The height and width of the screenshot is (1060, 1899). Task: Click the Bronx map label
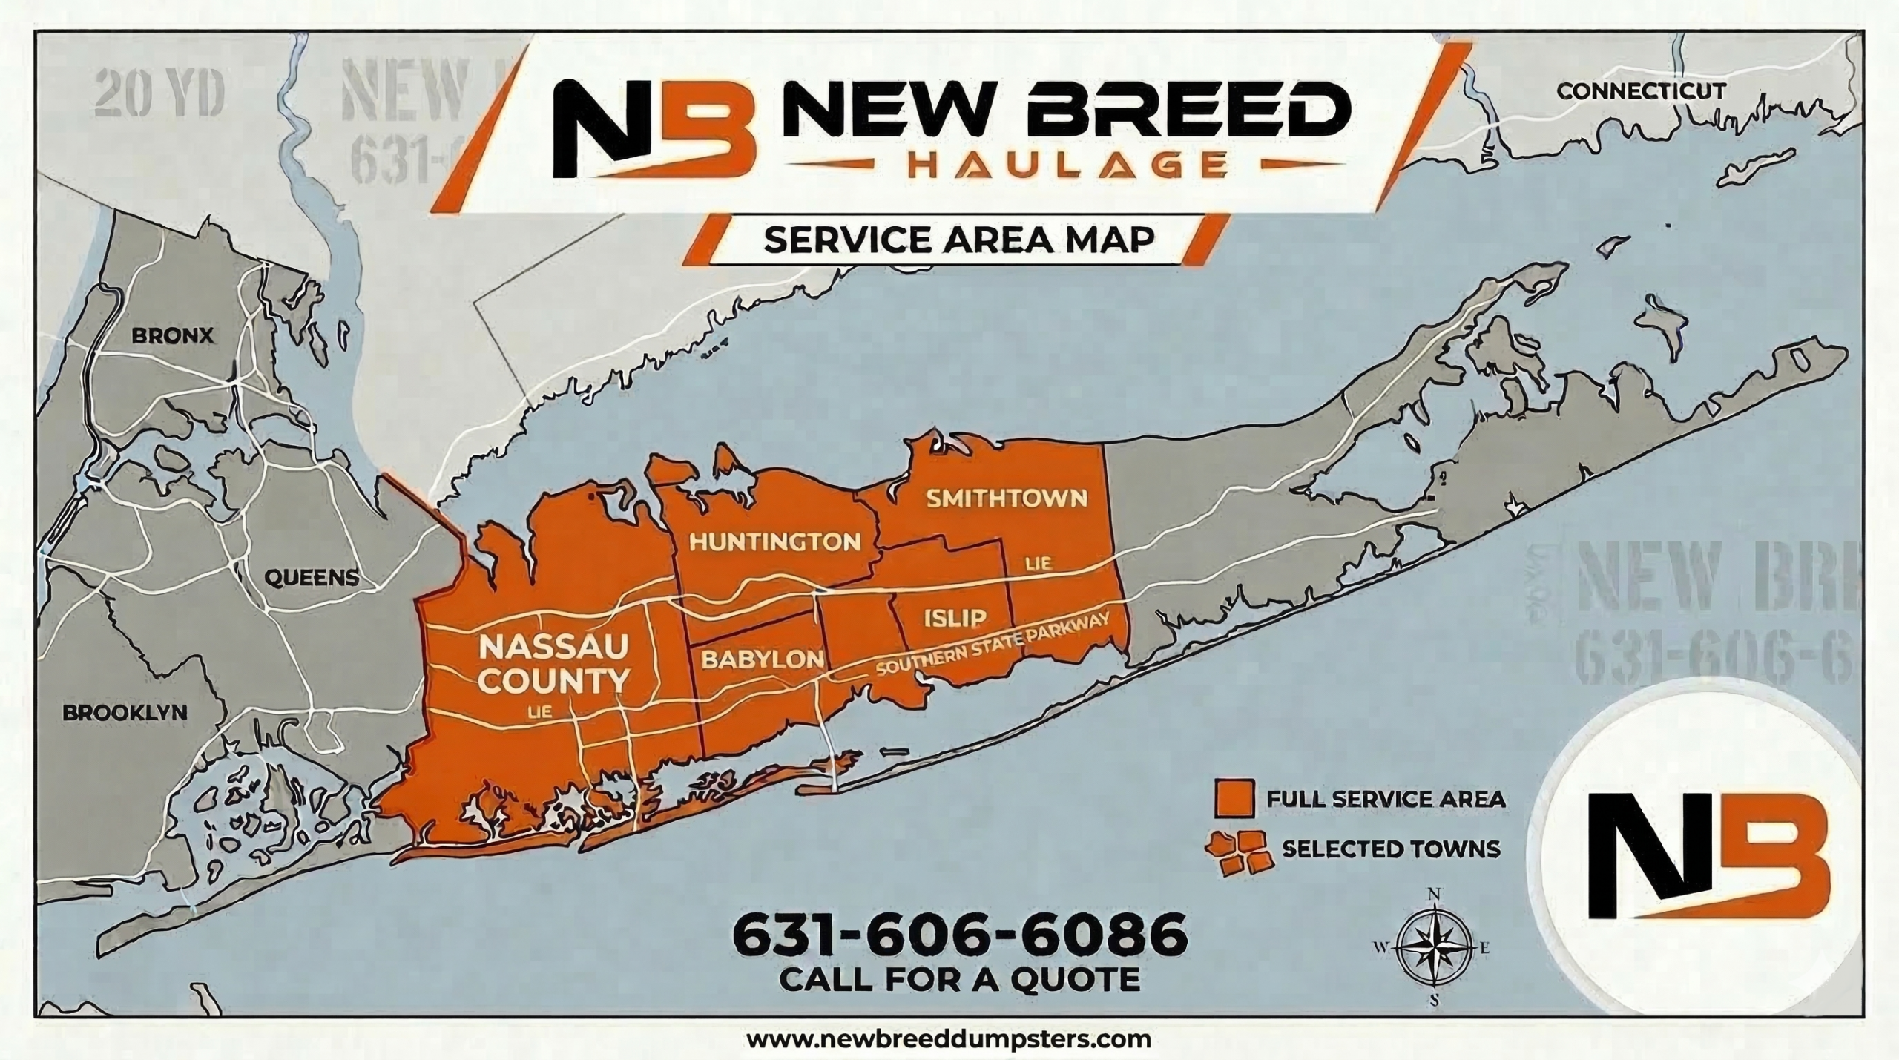172,336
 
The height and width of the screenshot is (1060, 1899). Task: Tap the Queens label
312,577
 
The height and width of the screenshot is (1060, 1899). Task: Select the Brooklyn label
125,713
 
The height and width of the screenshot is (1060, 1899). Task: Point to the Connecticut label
1639,112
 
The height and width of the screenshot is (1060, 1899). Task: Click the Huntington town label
775,541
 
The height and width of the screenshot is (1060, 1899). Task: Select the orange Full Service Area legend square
1234,798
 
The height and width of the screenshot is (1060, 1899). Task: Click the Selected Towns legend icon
1236,852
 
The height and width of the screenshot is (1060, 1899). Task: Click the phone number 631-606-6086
959,936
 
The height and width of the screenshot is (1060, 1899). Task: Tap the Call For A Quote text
959,979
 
